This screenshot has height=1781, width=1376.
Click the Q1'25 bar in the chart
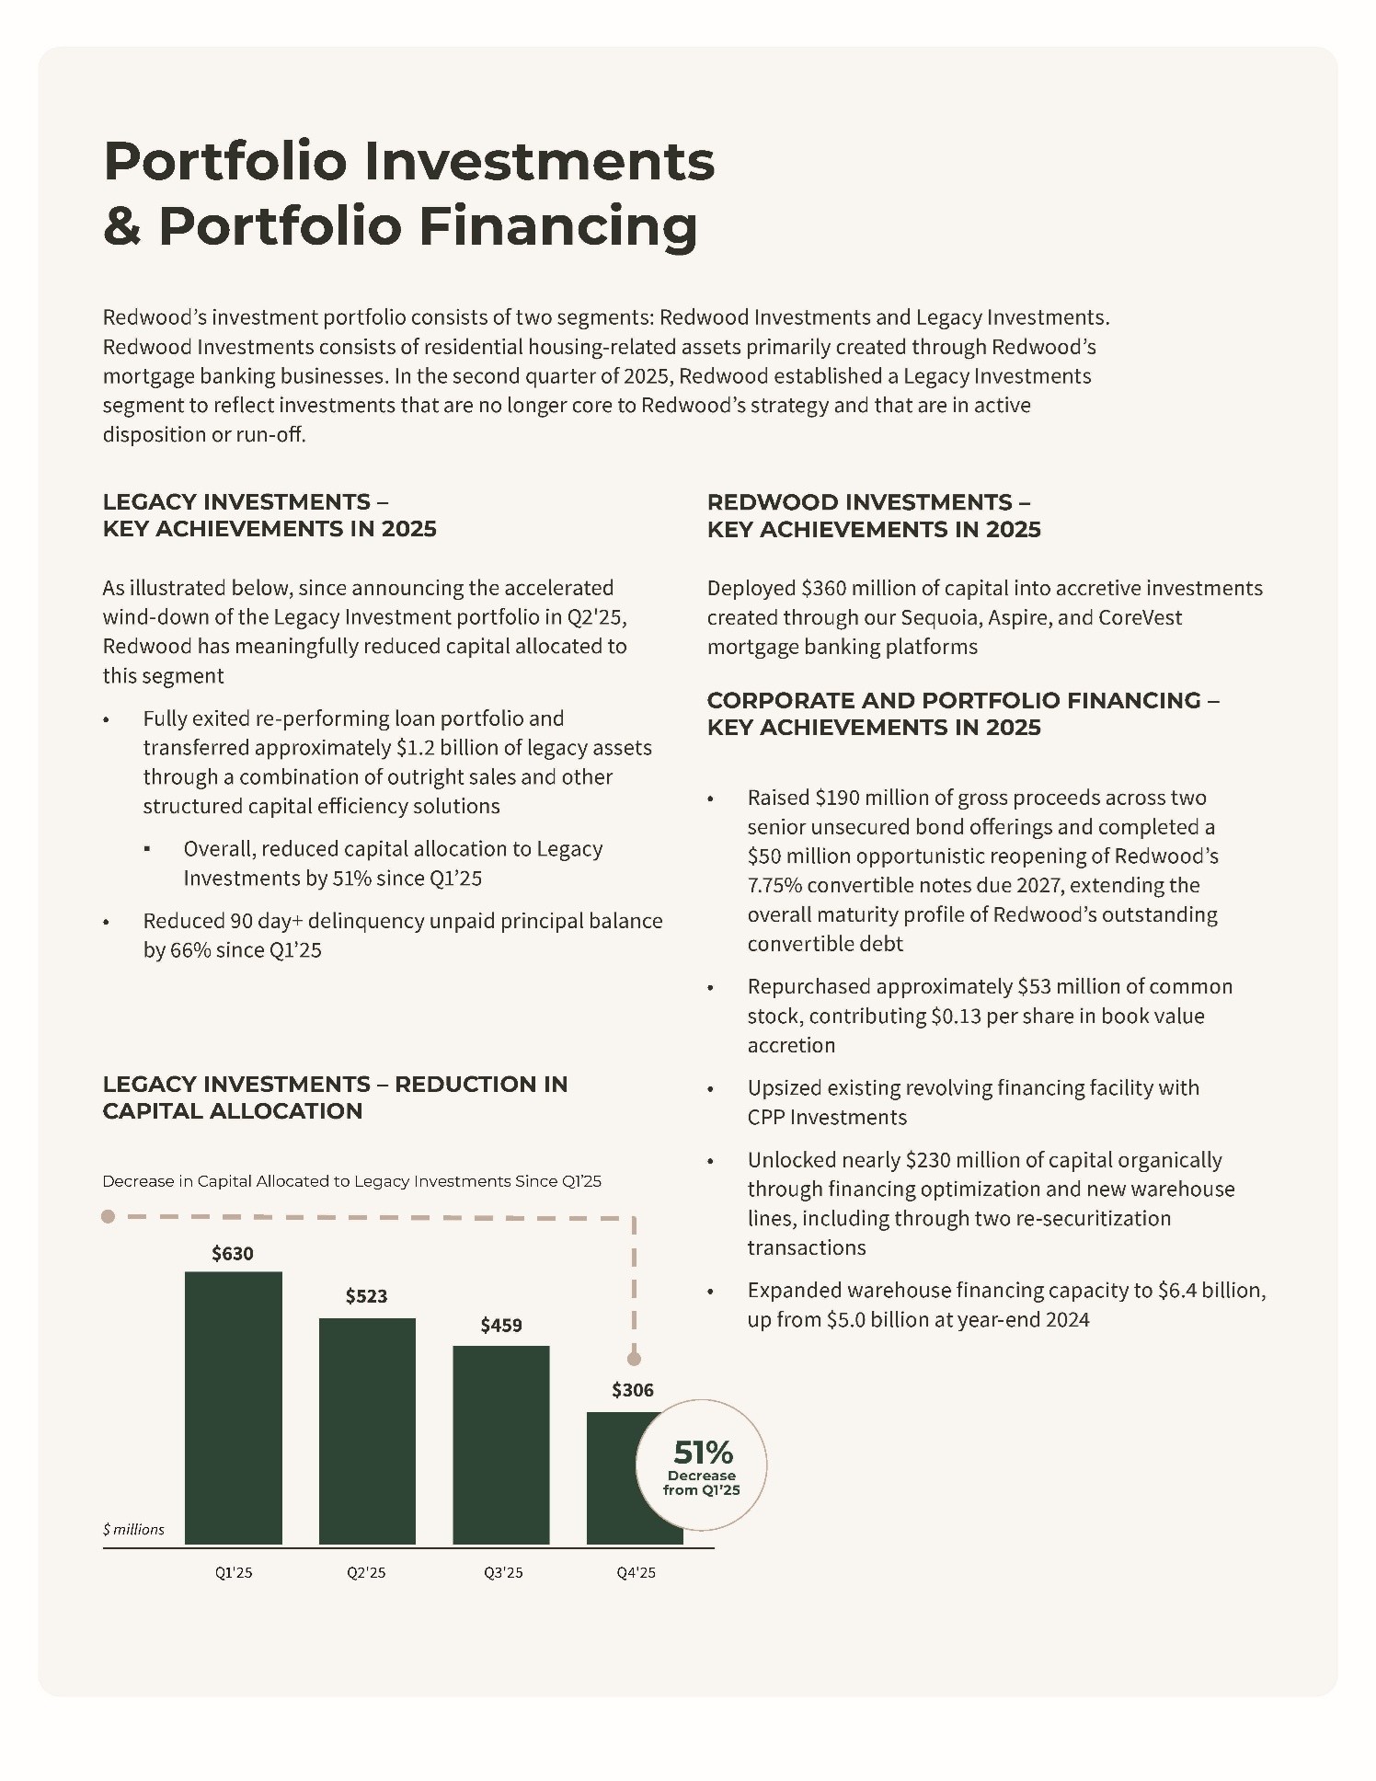tap(233, 1408)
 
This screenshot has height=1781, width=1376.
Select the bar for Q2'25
tap(367, 1431)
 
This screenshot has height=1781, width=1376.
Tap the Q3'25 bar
tap(500, 1444)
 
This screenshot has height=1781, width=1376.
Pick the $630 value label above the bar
tap(232, 1253)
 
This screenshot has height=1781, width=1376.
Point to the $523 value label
tap(366, 1296)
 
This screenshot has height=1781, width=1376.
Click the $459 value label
tap(500, 1325)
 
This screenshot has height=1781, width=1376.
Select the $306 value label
tap(633, 1390)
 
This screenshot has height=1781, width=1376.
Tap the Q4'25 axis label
tap(636, 1572)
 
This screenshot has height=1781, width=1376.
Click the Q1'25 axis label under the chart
tap(234, 1572)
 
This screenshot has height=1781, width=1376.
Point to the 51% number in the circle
tap(703, 1453)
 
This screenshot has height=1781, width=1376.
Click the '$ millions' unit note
tap(133, 1529)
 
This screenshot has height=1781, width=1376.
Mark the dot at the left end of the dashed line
tap(108, 1216)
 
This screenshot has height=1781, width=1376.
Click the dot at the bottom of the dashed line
tap(634, 1358)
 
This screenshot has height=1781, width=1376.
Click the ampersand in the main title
tap(121, 226)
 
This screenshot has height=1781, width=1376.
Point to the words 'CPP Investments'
tap(827, 1117)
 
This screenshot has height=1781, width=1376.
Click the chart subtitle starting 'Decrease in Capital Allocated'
tap(351, 1181)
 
